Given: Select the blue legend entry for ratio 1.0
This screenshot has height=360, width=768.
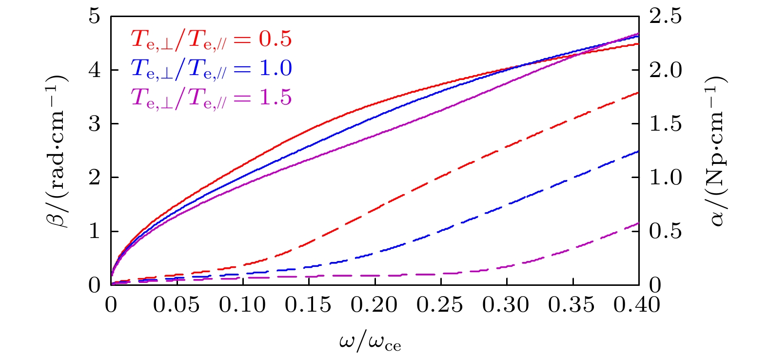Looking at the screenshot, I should click(211, 69).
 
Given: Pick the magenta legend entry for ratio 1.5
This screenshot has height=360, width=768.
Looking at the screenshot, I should click(211, 98).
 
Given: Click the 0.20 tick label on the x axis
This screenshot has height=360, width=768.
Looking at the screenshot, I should click(374, 305).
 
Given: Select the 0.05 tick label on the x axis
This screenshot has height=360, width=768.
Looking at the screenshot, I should click(177, 305).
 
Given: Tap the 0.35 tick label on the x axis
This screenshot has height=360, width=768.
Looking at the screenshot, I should click(572, 305).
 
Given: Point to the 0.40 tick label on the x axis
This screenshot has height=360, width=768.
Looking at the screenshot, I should click(637, 305).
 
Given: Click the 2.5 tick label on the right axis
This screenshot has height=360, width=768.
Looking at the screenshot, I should click(665, 17).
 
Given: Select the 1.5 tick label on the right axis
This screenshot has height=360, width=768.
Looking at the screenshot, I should click(665, 124).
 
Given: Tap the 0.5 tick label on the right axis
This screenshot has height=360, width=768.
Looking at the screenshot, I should click(665, 231).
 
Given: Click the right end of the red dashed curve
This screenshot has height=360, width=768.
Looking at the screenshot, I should click(638, 93).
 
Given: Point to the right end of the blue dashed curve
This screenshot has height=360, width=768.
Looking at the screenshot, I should click(638, 152).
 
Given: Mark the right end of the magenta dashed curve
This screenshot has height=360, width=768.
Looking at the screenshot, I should click(638, 223).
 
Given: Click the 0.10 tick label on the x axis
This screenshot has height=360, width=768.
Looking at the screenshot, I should click(242, 305).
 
